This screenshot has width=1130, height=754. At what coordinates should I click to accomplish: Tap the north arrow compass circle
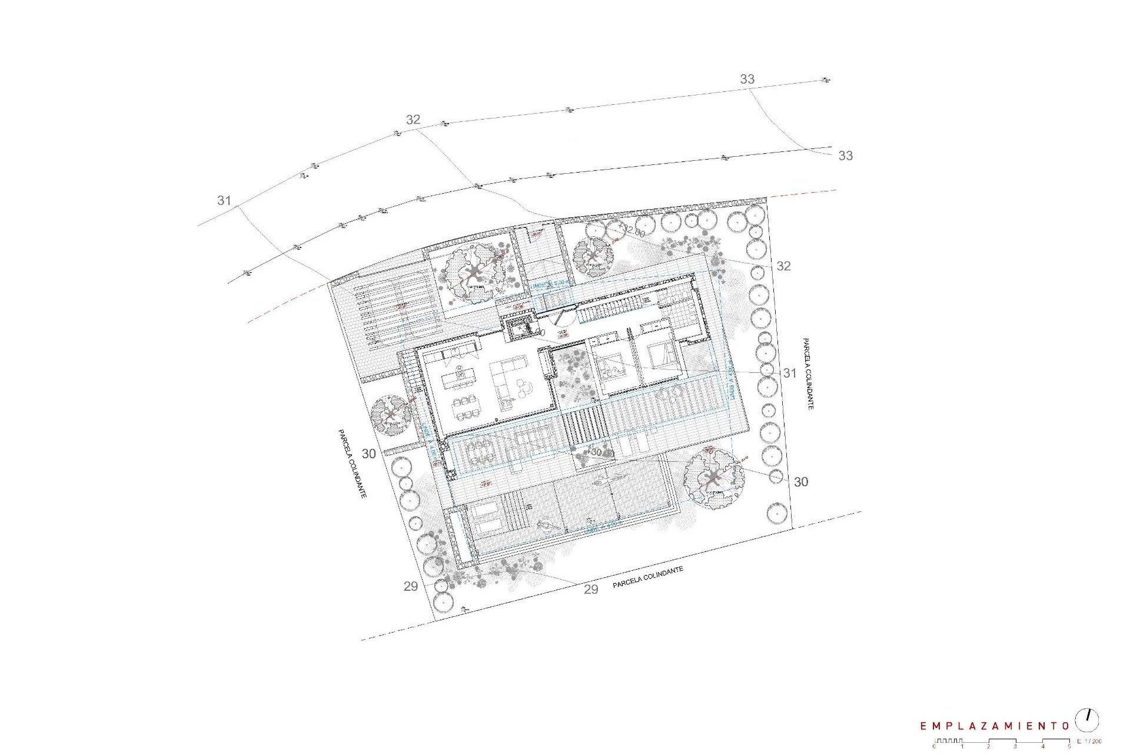coord(1087,720)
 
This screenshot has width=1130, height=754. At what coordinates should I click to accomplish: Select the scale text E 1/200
coord(1089,741)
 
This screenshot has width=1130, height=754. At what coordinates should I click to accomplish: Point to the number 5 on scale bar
coord(1069,746)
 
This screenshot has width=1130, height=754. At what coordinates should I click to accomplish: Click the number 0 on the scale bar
coord(935,746)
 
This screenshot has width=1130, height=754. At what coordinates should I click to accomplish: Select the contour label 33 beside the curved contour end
coord(845,156)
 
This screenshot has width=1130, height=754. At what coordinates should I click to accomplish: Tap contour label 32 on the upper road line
coord(413,120)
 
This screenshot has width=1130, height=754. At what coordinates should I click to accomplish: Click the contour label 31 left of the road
coord(224,201)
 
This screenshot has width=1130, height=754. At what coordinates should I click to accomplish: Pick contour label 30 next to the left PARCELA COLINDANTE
coord(368,454)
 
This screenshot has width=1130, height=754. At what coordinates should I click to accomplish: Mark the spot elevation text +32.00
coord(633,232)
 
